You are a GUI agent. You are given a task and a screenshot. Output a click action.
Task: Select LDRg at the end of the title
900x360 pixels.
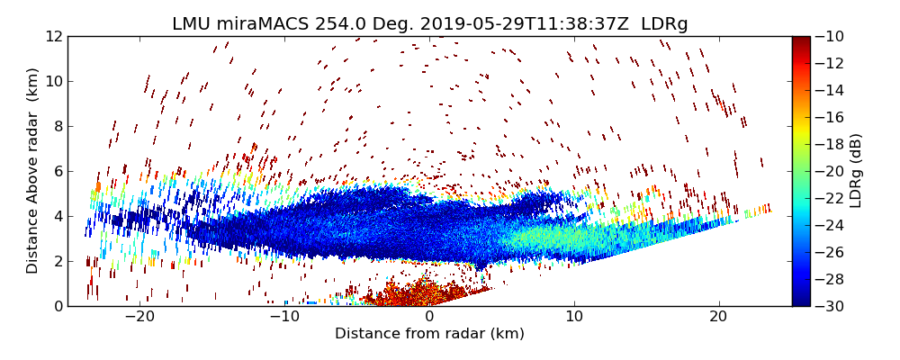pyautogui.click(x=664, y=24)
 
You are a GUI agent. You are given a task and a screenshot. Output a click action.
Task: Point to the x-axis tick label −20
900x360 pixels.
pyautogui.click(x=139, y=318)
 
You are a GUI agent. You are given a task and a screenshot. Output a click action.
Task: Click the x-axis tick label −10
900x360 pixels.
pyautogui.click(x=284, y=318)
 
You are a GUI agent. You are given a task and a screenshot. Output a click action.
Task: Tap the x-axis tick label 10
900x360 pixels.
pyautogui.click(x=574, y=318)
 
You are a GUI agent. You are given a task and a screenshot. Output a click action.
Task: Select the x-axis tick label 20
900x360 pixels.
pyautogui.click(x=718, y=318)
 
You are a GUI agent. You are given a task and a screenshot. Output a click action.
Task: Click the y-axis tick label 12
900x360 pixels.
pyautogui.click(x=54, y=37)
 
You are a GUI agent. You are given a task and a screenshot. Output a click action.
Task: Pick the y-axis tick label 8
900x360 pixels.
pyautogui.click(x=58, y=126)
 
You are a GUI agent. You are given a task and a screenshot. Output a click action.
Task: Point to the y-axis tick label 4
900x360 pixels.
pyautogui.click(x=58, y=216)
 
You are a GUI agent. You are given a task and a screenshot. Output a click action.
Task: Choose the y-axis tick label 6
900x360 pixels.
pyautogui.click(x=58, y=171)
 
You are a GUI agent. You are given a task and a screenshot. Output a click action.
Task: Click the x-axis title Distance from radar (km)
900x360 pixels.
pyautogui.click(x=429, y=334)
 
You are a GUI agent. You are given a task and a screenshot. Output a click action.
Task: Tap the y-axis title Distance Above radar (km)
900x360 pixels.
pyautogui.click(x=33, y=171)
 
